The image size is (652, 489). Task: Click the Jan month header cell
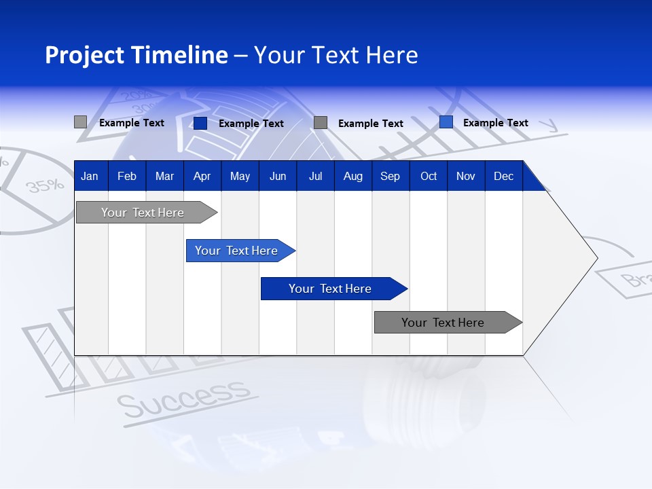click(x=90, y=176)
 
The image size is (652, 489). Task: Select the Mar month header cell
click(x=164, y=176)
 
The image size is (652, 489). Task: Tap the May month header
click(x=240, y=176)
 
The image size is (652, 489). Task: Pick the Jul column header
click(x=315, y=176)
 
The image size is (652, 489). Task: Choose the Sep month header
click(x=390, y=176)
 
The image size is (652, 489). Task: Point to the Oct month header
click(x=429, y=176)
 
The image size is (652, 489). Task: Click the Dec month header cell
click(x=503, y=176)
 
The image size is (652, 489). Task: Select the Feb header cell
click(x=127, y=176)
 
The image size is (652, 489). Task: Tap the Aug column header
click(x=352, y=176)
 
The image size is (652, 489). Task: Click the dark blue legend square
click(x=200, y=123)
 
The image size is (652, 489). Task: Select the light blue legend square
click(x=446, y=122)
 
